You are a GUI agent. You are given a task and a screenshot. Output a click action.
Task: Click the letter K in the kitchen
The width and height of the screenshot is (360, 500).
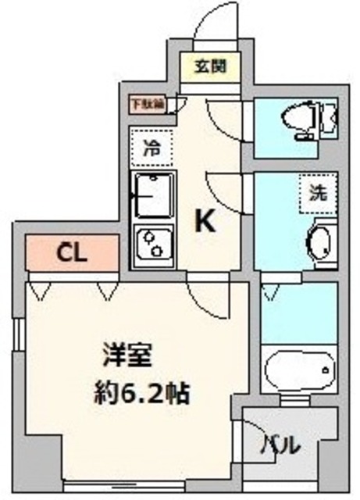click(205, 223)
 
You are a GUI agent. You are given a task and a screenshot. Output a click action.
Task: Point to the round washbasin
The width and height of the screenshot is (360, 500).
click(319, 243)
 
